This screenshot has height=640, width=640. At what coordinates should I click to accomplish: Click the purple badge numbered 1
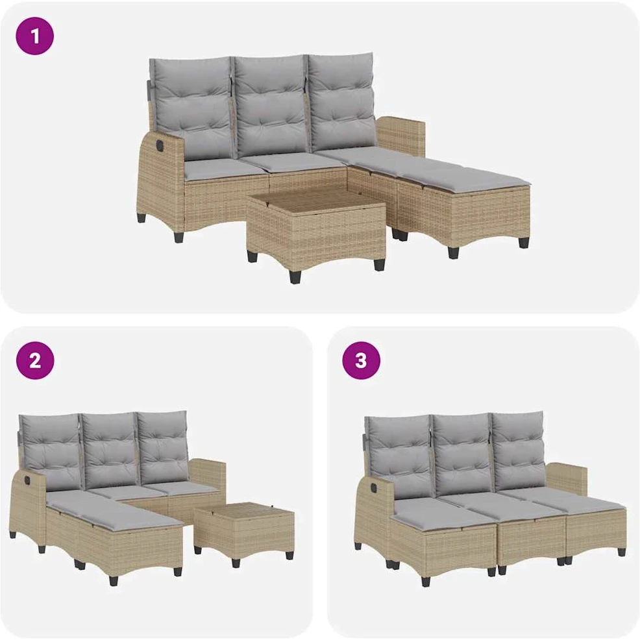click(x=34, y=36)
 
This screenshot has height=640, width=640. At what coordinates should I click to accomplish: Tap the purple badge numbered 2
click(x=35, y=361)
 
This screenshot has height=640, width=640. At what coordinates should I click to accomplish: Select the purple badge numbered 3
click(x=362, y=361)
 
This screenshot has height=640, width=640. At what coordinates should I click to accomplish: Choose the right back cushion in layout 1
click(x=341, y=101)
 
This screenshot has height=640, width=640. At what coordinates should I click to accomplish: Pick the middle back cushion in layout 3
click(x=462, y=455)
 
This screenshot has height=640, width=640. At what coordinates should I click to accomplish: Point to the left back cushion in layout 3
click(x=397, y=458)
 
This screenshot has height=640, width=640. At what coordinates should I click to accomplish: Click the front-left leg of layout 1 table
click(x=295, y=275)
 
